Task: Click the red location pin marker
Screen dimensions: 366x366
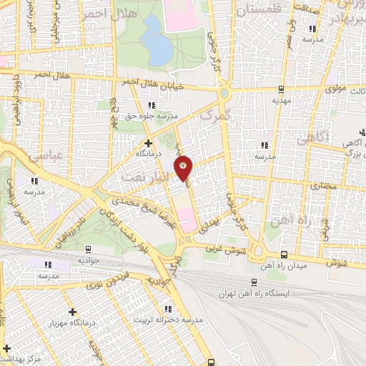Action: [184, 167]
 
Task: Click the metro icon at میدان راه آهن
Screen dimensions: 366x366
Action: [284, 254]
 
